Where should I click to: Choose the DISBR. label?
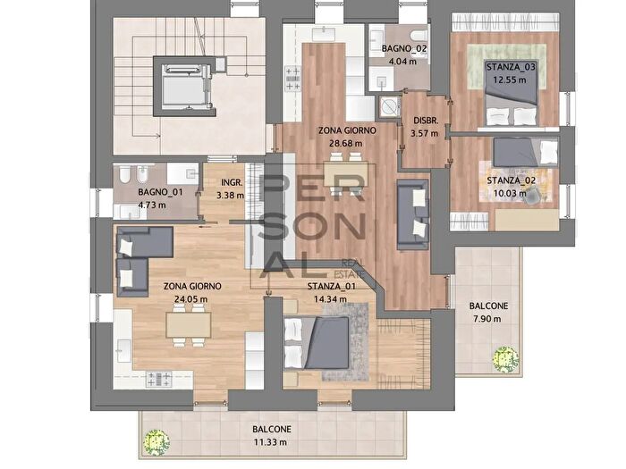[x=426, y=121]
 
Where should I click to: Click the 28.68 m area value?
[x=346, y=142]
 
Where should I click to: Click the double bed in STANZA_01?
[x=318, y=344]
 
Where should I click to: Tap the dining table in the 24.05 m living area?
[x=189, y=325]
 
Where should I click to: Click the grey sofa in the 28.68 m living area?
[x=412, y=212]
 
